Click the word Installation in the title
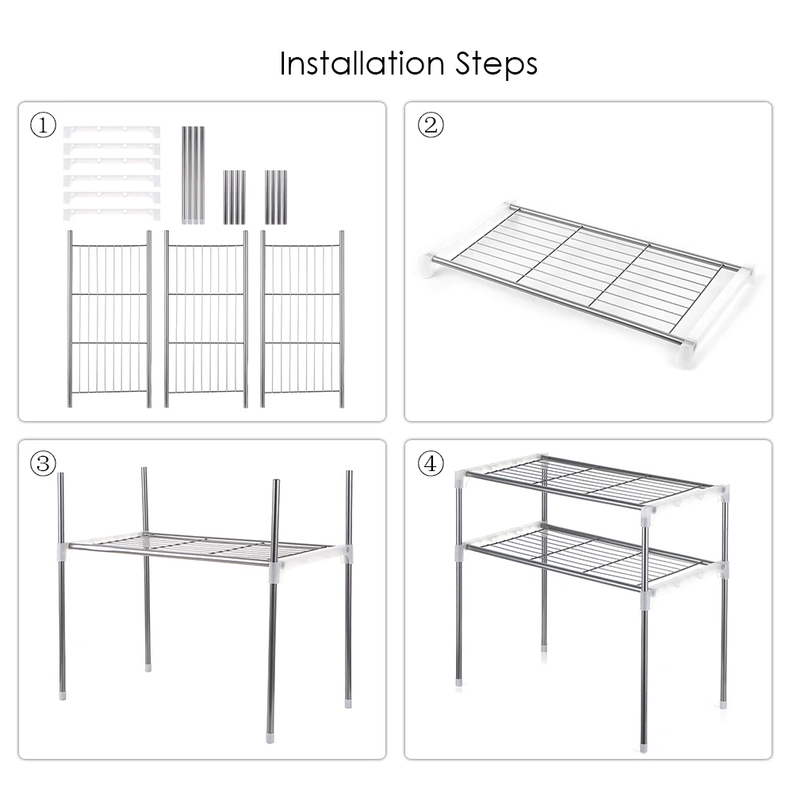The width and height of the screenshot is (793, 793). point(362,63)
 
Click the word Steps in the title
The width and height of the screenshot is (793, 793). point(496,65)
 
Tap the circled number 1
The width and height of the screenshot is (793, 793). point(43,125)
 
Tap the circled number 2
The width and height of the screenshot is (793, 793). point(431,125)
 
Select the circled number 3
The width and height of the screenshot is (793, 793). point(43,463)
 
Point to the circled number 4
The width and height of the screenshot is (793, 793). point(431,463)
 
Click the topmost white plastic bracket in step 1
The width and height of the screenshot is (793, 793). point(112,132)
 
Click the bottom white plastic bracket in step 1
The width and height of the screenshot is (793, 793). point(112,214)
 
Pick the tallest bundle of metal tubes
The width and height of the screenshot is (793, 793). point(193,175)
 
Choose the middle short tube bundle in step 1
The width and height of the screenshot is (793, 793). point(235,197)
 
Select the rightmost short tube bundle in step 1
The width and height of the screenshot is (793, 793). point(276,197)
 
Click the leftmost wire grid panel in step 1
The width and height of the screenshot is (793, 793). point(109,319)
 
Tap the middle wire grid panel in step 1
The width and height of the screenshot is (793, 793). point(206,319)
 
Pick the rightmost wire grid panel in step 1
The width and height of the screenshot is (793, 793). point(302,319)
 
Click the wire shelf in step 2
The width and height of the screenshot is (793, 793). point(587,276)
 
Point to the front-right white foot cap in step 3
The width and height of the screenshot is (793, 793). point(270,738)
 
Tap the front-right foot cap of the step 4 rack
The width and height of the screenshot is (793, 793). point(643,747)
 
